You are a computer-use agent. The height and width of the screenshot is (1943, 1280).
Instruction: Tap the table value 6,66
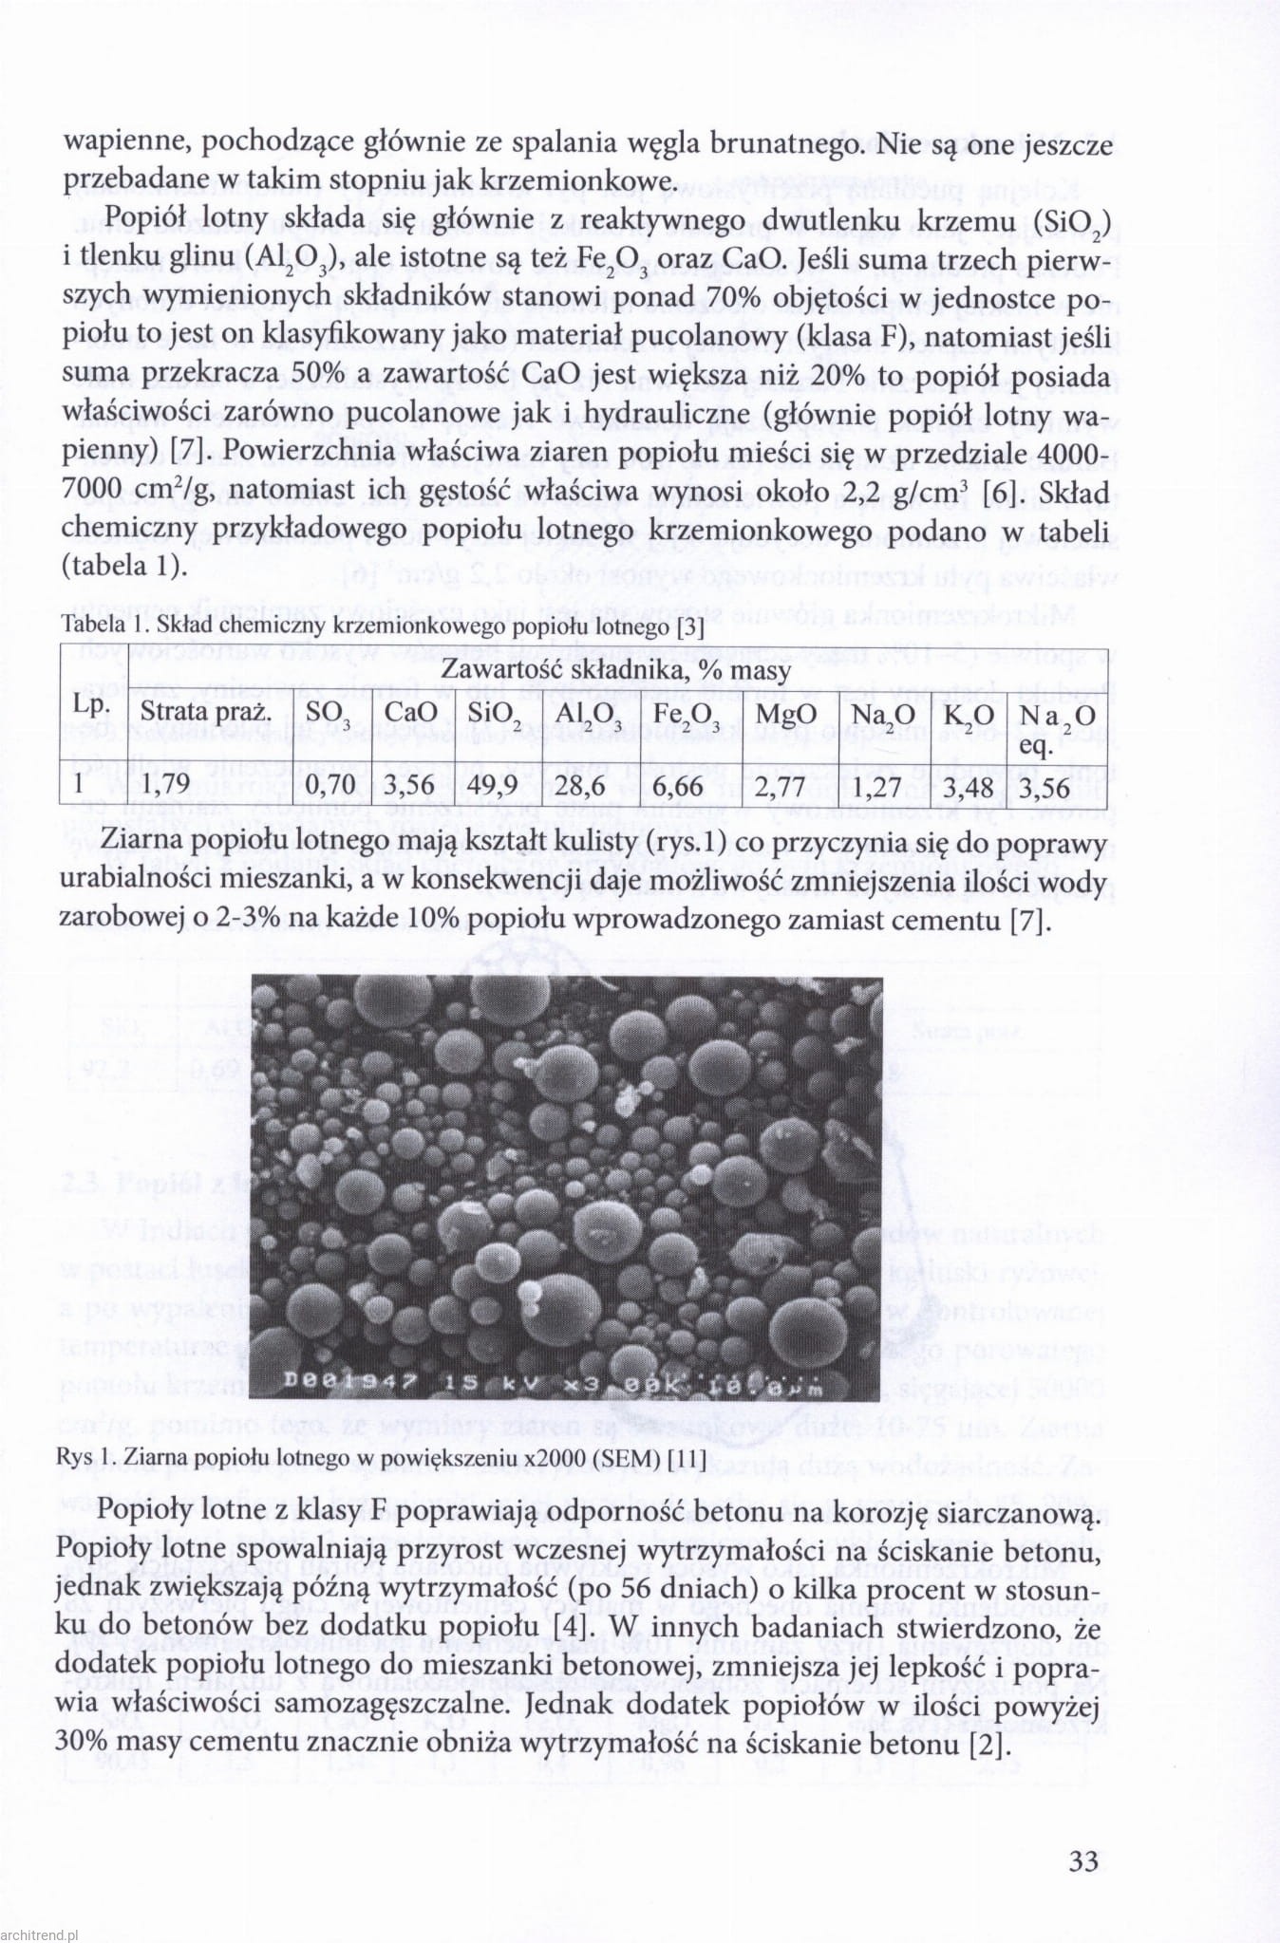click(x=679, y=785)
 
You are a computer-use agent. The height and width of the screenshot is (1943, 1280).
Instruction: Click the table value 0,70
click(x=330, y=785)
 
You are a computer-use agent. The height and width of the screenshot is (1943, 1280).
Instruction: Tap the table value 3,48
click(x=969, y=785)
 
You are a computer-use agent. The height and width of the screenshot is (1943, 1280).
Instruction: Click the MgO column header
click(x=786, y=715)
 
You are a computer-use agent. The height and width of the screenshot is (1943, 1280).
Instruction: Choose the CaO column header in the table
click(x=411, y=715)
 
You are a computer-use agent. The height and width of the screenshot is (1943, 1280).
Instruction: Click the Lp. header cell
click(x=90, y=704)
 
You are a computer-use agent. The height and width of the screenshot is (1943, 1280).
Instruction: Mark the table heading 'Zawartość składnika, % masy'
click(x=615, y=670)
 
